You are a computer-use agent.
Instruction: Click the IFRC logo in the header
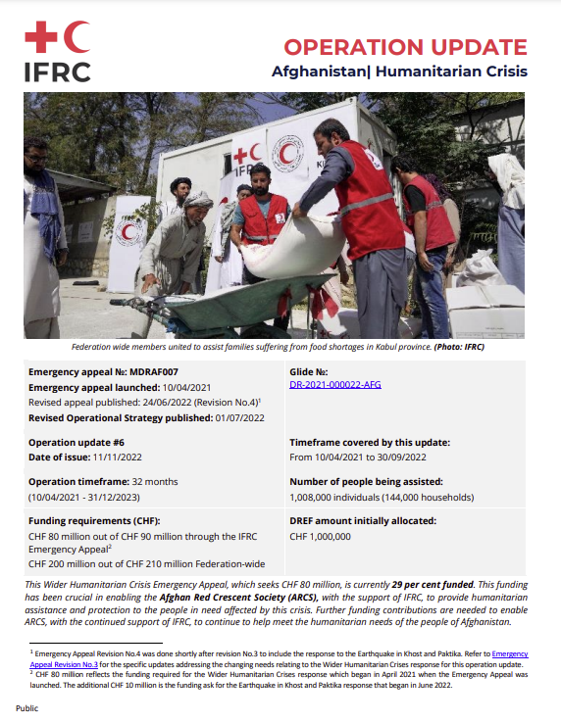(x=57, y=52)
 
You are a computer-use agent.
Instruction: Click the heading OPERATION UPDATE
(x=405, y=47)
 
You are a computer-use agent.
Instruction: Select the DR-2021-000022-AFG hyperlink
(x=335, y=385)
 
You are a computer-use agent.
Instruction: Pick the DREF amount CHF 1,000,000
(x=321, y=537)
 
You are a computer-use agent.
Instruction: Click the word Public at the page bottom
(x=26, y=707)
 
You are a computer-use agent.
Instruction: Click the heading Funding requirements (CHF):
(x=94, y=521)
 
